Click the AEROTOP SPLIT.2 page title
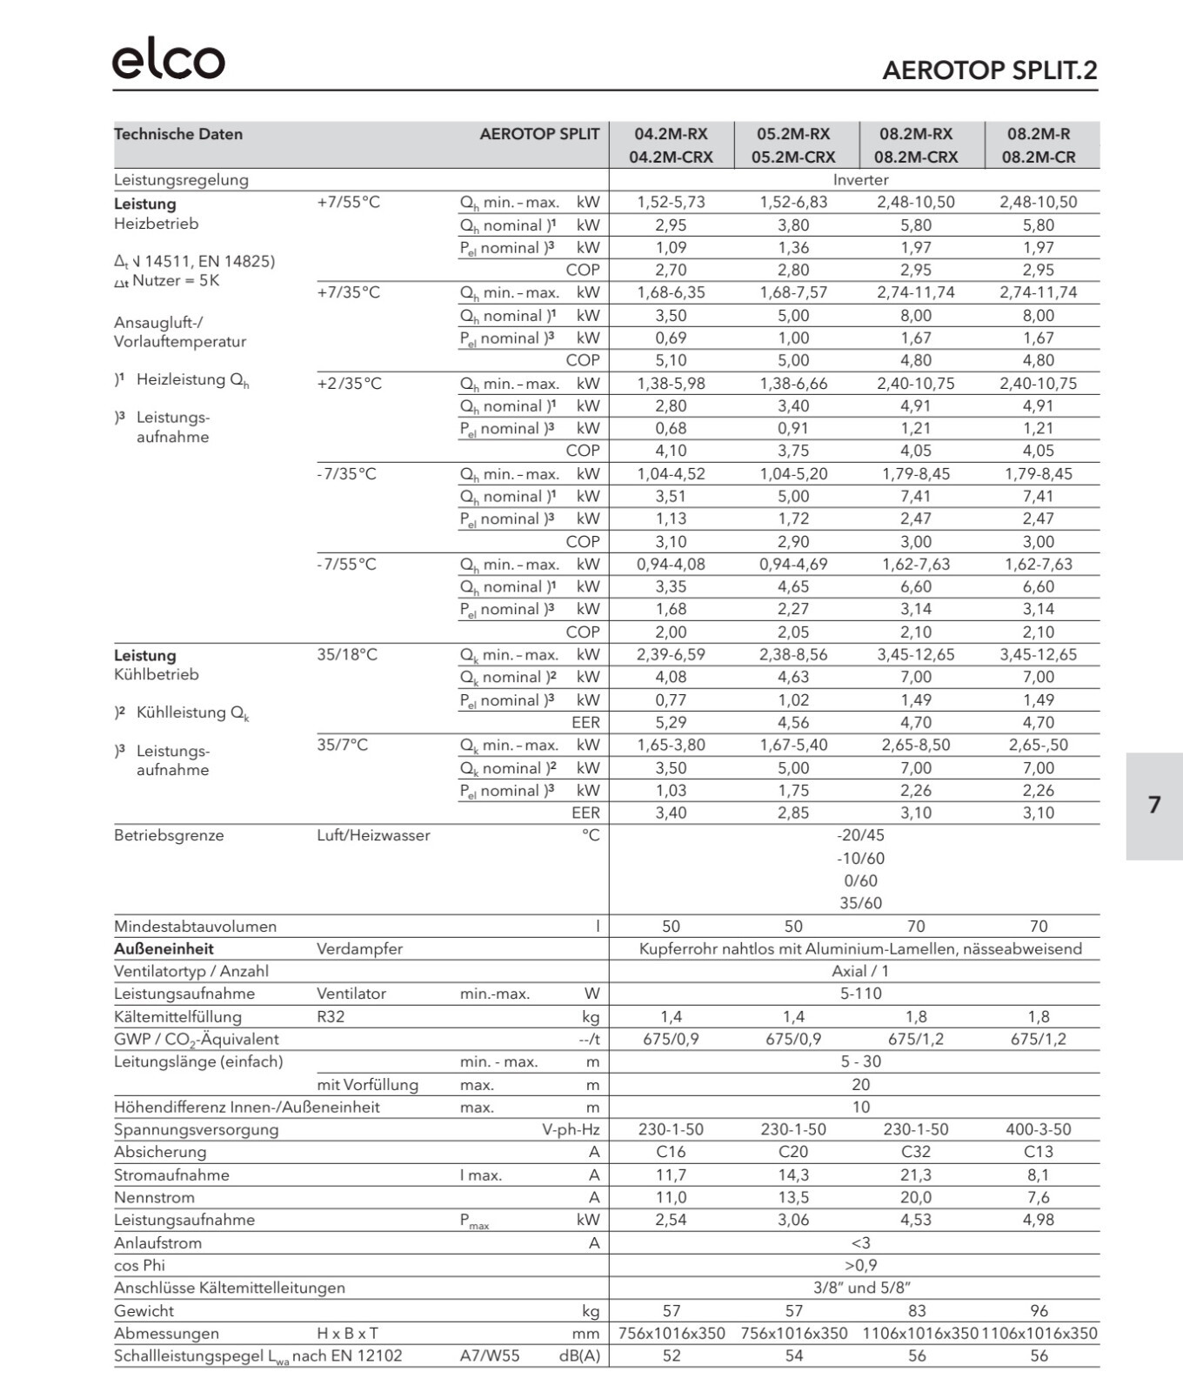point(989,70)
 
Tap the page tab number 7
point(1154,805)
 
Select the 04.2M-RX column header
point(671,134)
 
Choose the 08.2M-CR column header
point(1039,157)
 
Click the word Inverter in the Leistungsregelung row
point(860,180)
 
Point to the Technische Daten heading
point(178,134)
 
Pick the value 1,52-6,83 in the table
point(793,202)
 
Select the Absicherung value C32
point(916,1152)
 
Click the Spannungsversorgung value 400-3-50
point(1039,1129)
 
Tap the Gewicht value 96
point(1039,1310)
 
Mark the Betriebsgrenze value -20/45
point(860,835)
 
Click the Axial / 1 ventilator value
point(860,971)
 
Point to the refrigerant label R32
point(331,1016)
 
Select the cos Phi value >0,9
point(860,1265)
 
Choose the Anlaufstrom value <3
point(860,1242)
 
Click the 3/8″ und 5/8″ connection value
point(860,1288)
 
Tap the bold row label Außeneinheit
point(164,948)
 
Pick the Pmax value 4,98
point(1039,1220)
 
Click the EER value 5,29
point(671,722)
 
